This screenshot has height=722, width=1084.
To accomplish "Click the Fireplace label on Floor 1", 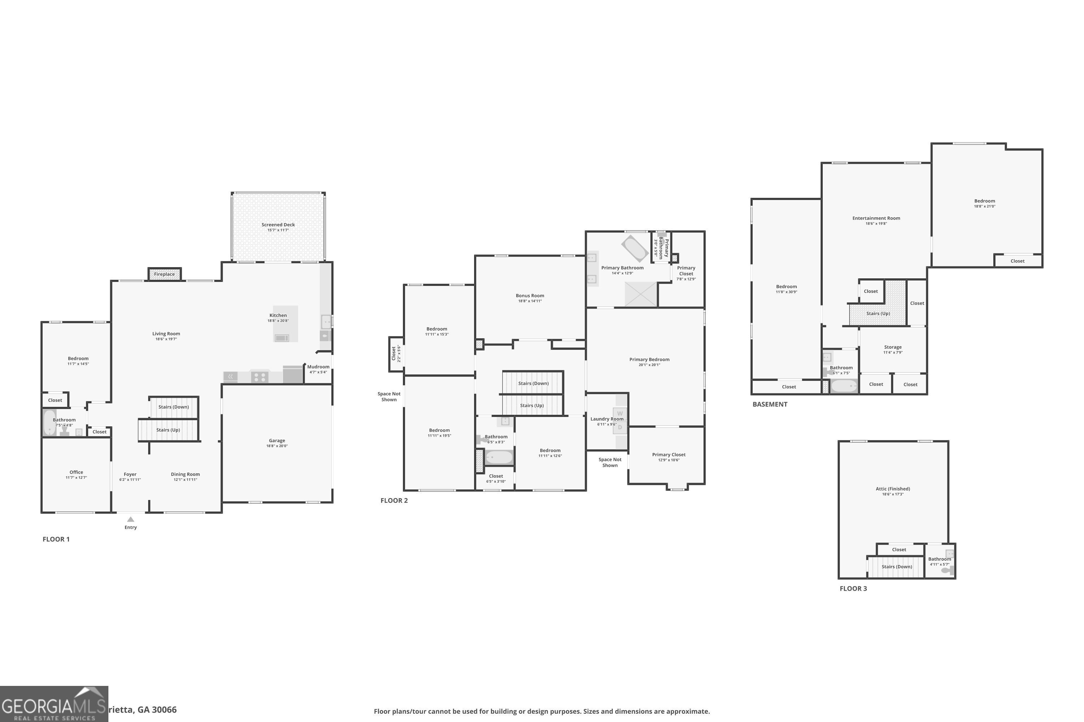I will (x=164, y=274).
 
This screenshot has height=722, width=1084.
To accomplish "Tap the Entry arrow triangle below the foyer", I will (x=130, y=519).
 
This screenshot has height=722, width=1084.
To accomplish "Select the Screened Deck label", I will (x=278, y=225).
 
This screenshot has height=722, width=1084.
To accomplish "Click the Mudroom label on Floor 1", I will (x=318, y=367).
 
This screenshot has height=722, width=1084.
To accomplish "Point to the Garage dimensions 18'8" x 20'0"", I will (x=277, y=446).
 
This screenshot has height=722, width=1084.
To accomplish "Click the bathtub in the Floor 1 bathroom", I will (x=49, y=422).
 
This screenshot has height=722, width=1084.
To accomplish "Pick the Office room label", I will (x=77, y=472).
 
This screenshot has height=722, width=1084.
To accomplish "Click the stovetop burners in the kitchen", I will (x=259, y=378).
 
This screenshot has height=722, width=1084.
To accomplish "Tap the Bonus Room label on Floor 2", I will (x=530, y=296).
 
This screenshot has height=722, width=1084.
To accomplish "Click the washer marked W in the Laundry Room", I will (x=620, y=413).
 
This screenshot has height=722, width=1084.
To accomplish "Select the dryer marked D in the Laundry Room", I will (x=620, y=427).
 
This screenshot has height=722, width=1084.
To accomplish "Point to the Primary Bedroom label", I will (x=649, y=360).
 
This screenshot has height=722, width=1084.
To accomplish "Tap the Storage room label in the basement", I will (x=893, y=347).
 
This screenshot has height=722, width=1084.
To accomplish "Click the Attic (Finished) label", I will (x=893, y=489).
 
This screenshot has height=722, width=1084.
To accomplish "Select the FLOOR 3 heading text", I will (x=853, y=588).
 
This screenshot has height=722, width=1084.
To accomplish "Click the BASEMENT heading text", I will (x=770, y=404).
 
